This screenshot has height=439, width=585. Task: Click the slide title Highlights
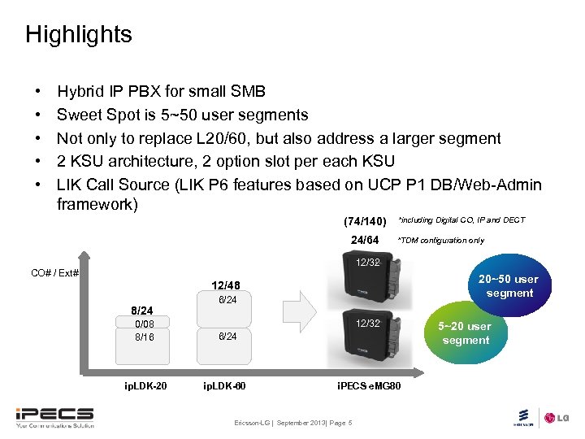coord(78,34)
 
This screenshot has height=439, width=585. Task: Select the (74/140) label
coord(364,221)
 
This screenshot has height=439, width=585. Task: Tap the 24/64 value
coord(364,240)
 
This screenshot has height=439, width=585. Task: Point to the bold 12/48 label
coord(225,285)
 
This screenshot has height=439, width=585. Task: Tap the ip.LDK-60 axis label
coord(225,383)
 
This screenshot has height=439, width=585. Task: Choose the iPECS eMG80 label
coord(367,383)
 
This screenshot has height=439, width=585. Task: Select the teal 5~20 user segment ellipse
coord(465,333)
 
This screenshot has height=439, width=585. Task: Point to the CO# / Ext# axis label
coord(54,272)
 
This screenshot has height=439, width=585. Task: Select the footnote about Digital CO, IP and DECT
coord(461,220)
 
